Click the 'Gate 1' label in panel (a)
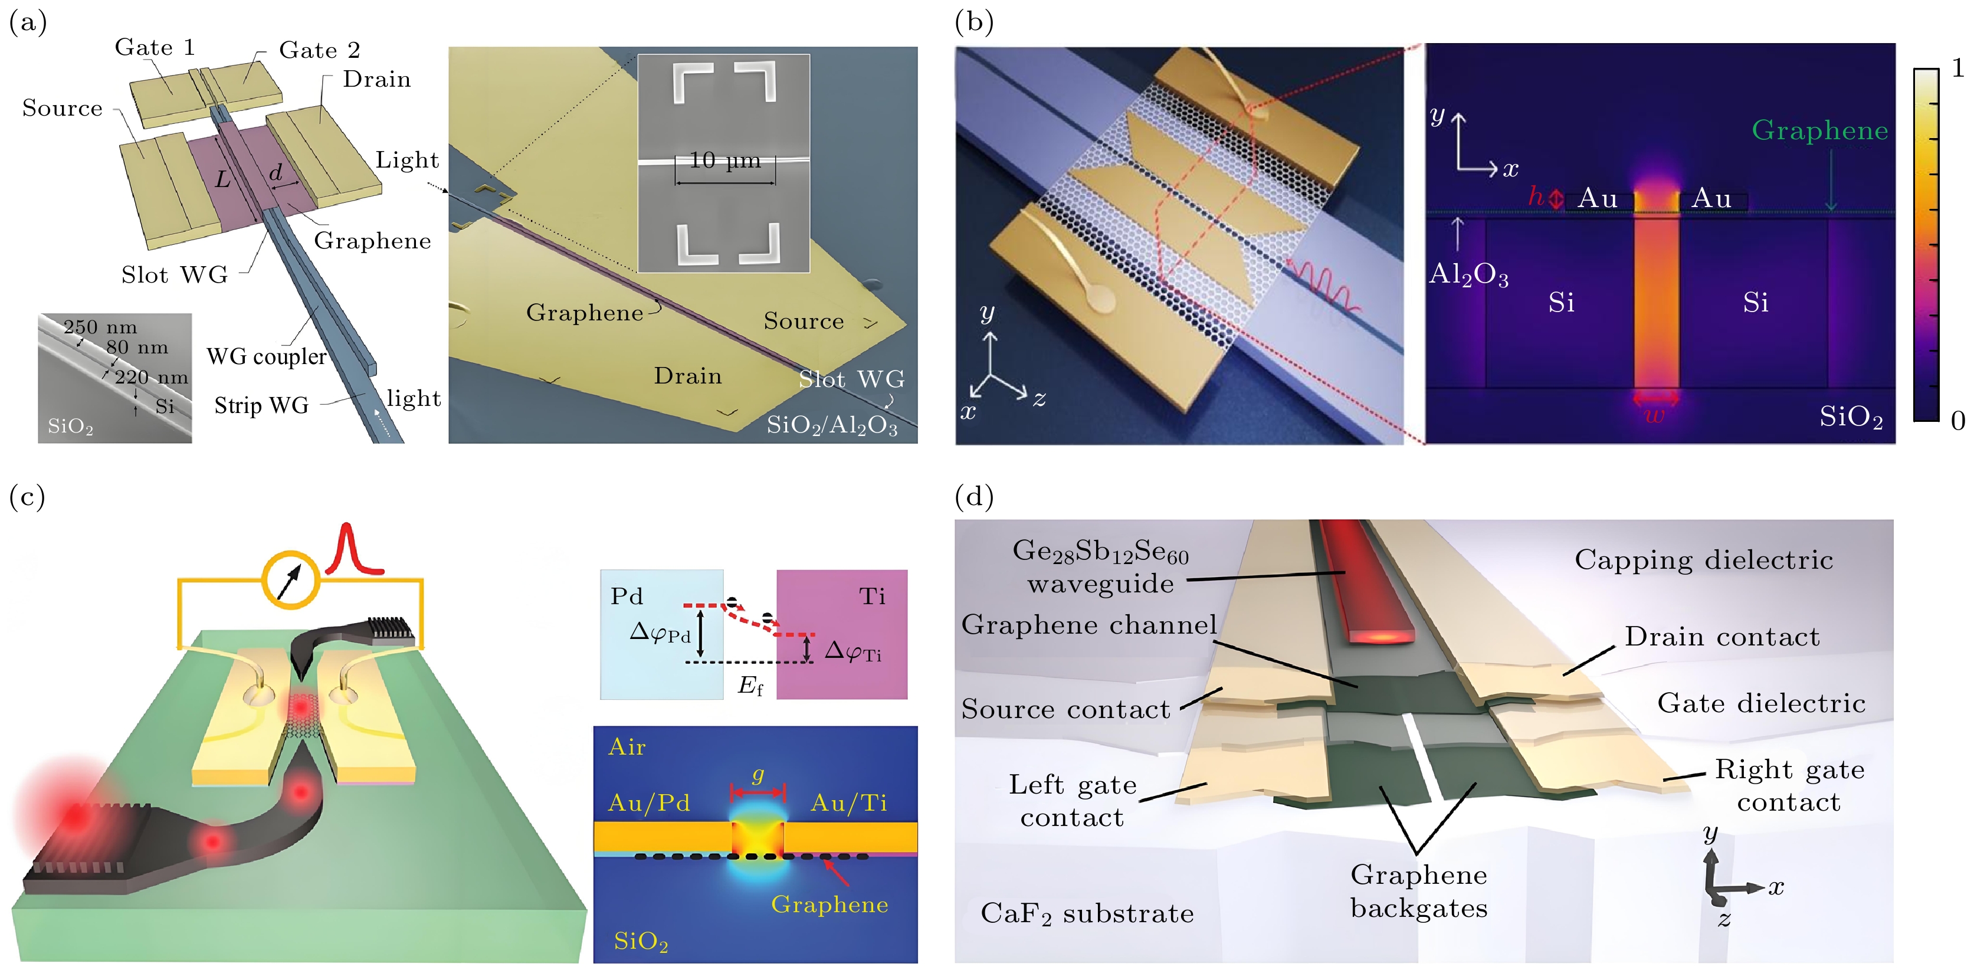tap(155, 48)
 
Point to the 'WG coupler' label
tap(267, 357)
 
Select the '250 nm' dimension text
tap(100, 327)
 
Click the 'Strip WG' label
tap(261, 405)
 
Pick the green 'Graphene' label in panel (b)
tap(1819, 130)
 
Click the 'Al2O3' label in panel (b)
tap(1468, 274)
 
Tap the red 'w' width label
tap(1655, 416)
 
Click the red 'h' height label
tap(1536, 196)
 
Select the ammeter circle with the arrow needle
tap(290, 580)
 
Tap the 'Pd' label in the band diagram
tap(627, 596)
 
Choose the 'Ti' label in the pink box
tap(872, 596)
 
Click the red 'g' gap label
tap(758, 775)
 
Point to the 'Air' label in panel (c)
tap(627, 747)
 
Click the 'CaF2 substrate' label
tap(1087, 913)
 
